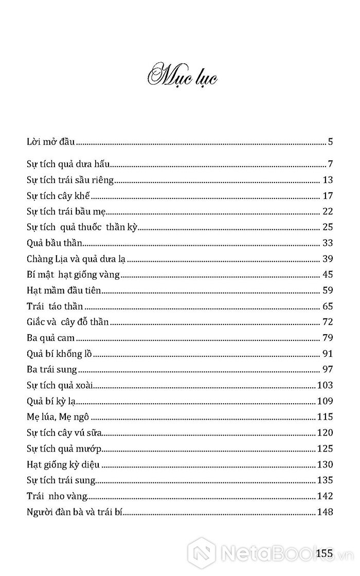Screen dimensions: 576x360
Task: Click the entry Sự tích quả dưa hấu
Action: (69, 165)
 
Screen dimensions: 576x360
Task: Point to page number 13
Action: (328, 180)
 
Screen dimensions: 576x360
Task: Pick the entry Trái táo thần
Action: (55, 306)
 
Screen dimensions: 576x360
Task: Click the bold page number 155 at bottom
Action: (326, 553)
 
